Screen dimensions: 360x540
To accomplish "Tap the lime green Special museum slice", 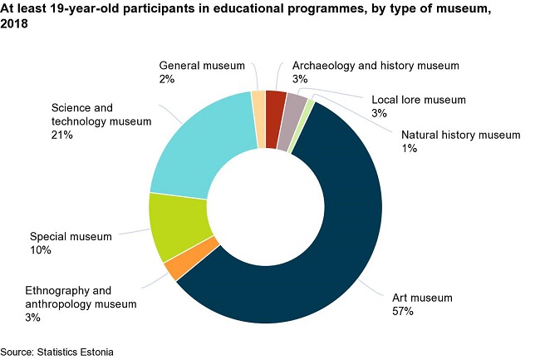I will (176, 226).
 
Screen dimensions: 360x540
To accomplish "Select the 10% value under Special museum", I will (41, 249).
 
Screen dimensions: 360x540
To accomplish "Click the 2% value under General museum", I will (167, 78).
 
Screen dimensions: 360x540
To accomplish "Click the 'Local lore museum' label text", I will (418, 100).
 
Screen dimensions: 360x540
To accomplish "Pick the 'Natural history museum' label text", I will (460, 135).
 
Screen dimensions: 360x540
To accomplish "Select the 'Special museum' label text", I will (71, 237).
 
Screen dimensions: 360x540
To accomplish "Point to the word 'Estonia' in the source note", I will (95, 352).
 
